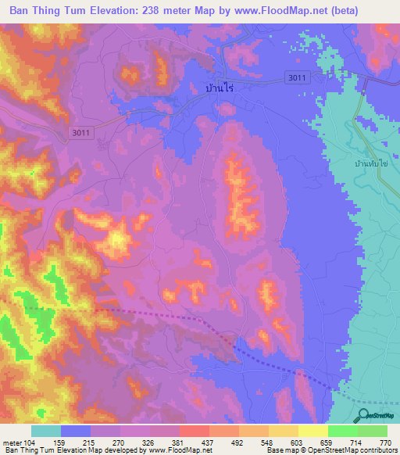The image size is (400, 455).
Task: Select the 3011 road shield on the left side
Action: (x=81, y=133)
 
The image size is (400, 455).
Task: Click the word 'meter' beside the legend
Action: (x=12, y=442)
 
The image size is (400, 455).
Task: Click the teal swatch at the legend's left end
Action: (x=46, y=431)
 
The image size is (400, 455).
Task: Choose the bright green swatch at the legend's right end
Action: (x=373, y=431)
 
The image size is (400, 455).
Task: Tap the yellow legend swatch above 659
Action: (x=313, y=431)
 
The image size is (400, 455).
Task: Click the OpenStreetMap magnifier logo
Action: (x=364, y=415)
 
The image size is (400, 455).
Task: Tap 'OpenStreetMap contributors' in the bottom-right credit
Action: (x=355, y=451)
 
